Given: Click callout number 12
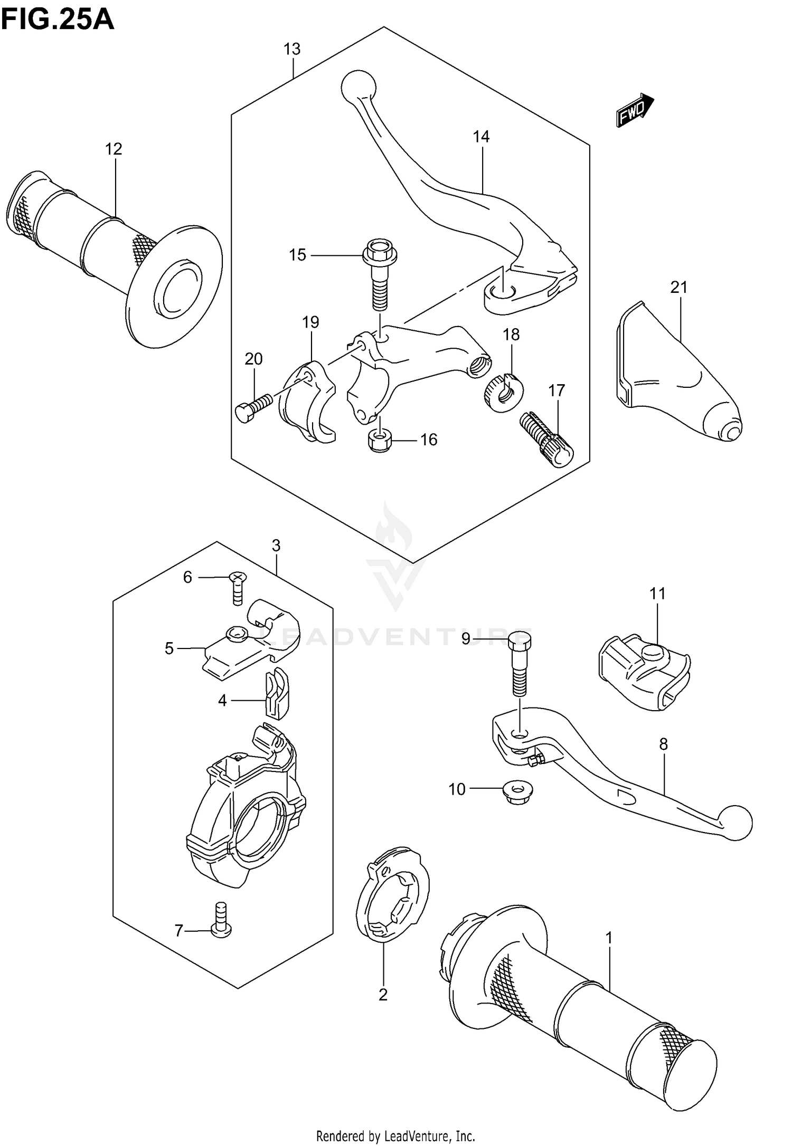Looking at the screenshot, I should pyautogui.click(x=114, y=149).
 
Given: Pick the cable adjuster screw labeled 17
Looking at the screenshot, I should pyautogui.click(x=546, y=438).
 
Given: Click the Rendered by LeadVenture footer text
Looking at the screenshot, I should pyautogui.click(x=395, y=1132).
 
